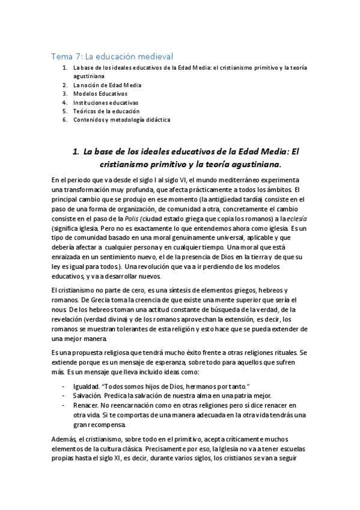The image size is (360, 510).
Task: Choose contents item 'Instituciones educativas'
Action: pyautogui.click(x=106, y=102)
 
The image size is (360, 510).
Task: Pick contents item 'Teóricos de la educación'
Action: pyautogui.click(x=106, y=111)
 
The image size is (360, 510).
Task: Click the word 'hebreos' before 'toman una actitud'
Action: pyautogui.click(x=89, y=309)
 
